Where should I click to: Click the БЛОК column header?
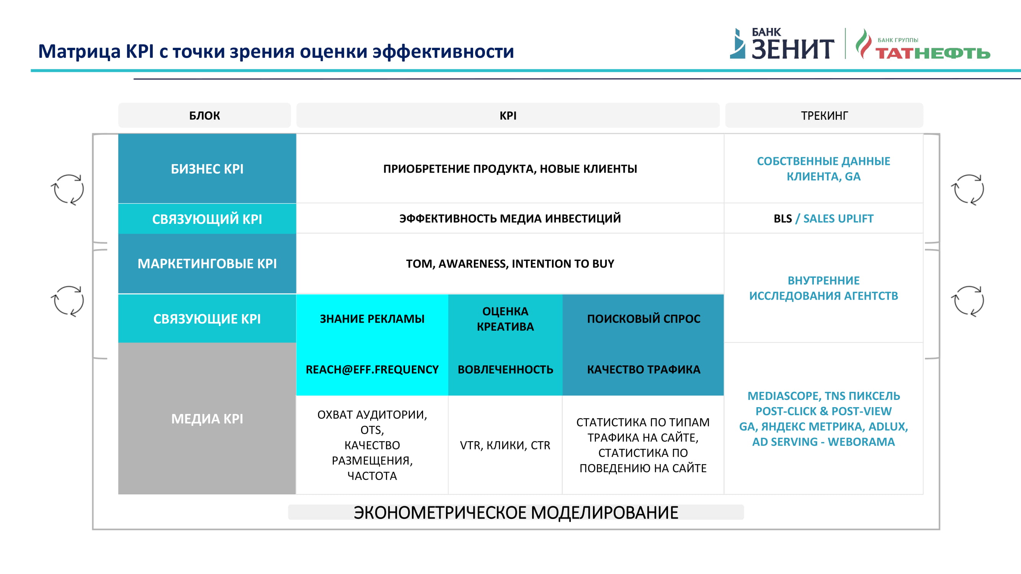(204, 115)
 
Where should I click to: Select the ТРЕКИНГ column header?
(824, 115)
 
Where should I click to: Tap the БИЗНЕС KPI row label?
(207, 169)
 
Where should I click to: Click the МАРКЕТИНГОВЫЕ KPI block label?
(207, 263)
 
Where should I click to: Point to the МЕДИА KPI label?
(207, 418)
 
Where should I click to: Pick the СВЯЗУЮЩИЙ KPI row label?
(207, 219)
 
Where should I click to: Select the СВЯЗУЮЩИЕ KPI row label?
(207, 318)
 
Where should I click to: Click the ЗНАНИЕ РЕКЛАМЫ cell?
(372, 318)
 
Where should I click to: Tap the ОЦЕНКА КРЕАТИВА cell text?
(505, 318)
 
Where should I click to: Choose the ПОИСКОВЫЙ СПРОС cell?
(644, 318)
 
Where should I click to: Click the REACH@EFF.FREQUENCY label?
(372, 369)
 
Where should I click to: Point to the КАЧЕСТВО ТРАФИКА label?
(644, 369)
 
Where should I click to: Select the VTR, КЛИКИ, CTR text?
(505, 445)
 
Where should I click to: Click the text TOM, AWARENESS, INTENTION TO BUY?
(510, 263)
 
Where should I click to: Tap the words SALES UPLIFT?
(838, 218)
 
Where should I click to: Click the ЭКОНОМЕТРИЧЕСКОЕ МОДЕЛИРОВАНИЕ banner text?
(516, 512)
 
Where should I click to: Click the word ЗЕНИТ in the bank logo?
(793, 49)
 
